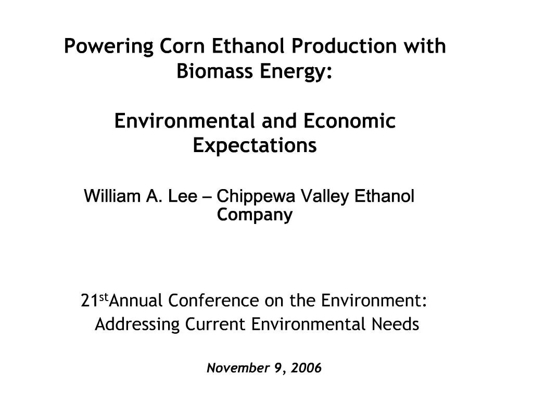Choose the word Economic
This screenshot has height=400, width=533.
pyautogui.click(x=349, y=121)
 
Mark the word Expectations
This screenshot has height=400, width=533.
pyautogui.click(x=255, y=145)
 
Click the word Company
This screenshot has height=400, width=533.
pyautogui.click(x=255, y=215)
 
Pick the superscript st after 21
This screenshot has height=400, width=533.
pyautogui.click(x=103, y=297)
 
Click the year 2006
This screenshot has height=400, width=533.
pyautogui.click(x=307, y=369)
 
